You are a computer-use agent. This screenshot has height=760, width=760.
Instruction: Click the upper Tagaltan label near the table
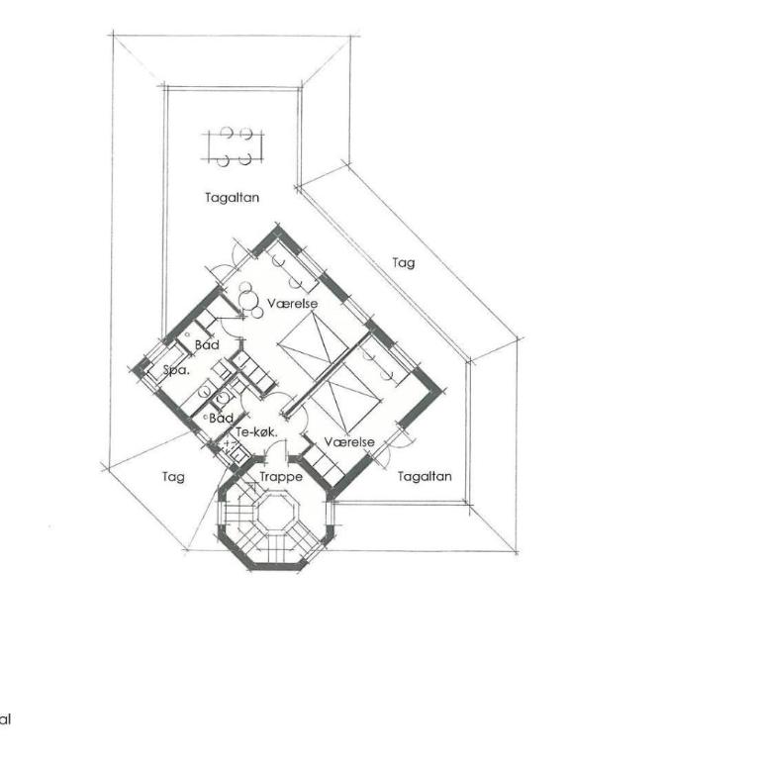pos(232,198)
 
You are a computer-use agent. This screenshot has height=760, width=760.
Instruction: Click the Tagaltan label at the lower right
pos(425,476)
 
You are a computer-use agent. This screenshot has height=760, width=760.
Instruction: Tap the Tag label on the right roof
pos(404,263)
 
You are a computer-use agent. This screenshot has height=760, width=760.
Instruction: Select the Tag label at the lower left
pos(173,477)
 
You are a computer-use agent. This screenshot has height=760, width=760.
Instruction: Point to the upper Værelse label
pos(292,304)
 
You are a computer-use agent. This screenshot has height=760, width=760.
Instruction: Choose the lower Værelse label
pos(349,442)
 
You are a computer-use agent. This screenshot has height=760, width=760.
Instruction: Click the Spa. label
pos(176,370)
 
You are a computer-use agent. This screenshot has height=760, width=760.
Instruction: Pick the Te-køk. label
pos(256,431)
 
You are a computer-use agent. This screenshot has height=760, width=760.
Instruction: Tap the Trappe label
pos(281,477)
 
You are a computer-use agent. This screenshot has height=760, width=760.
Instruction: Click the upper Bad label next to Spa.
pos(207,345)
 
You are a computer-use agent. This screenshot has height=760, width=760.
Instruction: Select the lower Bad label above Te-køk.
pos(221,418)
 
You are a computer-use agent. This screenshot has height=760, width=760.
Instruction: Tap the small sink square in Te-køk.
pos(238,455)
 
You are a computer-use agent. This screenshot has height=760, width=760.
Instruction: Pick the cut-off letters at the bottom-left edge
pos(5,719)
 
